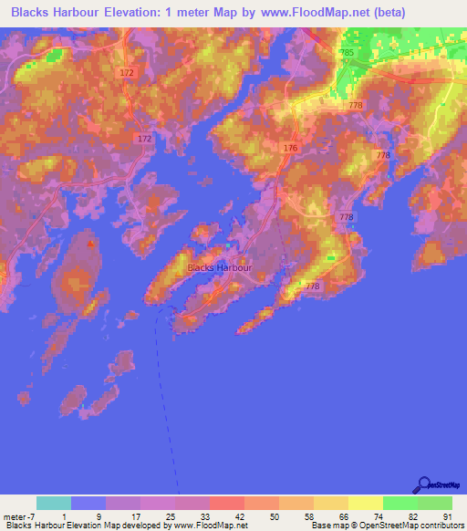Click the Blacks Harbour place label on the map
(x=218, y=268)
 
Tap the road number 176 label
(x=291, y=148)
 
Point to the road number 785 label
(x=346, y=54)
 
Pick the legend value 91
(x=446, y=516)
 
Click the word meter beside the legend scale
(x=15, y=516)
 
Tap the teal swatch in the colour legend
(x=53, y=503)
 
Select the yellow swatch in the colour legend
(x=365, y=503)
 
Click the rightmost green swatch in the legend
(x=434, y=503)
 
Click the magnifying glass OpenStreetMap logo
(x=424, y=484)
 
